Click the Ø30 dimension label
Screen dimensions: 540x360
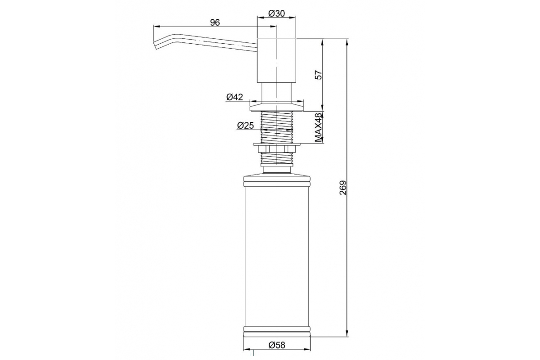[x=276, y=13]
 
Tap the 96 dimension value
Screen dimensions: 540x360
[x=215, y=22]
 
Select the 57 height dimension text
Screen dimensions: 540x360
[x=319, y=75]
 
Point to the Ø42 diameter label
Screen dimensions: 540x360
[x=234, y=97]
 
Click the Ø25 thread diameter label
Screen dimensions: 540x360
[x=245, y=126]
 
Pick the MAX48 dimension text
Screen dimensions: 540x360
[x=319, y=127]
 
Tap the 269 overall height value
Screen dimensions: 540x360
[x=342, y=188]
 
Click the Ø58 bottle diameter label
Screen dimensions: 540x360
[x=277, y=345]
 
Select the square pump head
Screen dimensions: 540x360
[x=276, y=60]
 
